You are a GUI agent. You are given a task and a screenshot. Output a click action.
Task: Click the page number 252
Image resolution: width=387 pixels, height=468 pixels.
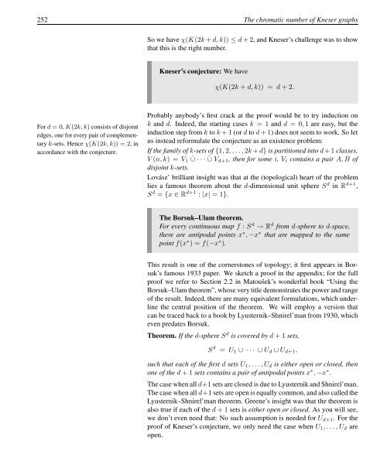tap(20, 9)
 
